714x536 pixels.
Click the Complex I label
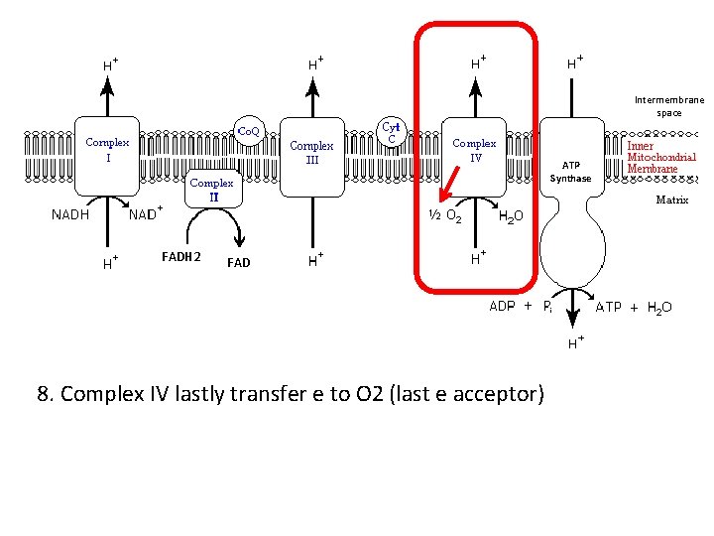pos(107,150)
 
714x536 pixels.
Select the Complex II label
pos(211,190)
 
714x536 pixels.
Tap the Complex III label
pos(311,152)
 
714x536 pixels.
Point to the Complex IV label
pos(474,150)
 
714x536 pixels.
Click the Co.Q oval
pos(247,130)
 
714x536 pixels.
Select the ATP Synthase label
pos(571,172)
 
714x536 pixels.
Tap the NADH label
pos(70,214)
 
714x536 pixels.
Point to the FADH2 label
pos(180,258)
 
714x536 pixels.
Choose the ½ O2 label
pos(442,215)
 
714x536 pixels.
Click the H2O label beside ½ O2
pos(517,216)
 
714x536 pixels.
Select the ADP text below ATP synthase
pos(503,307)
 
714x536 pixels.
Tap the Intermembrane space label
pos(668,106)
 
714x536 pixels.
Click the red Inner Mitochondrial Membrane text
pos(660,157)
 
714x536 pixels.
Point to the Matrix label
pos(671,200)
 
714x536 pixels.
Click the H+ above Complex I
pos(110,64)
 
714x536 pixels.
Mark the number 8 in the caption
pos(43,395)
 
